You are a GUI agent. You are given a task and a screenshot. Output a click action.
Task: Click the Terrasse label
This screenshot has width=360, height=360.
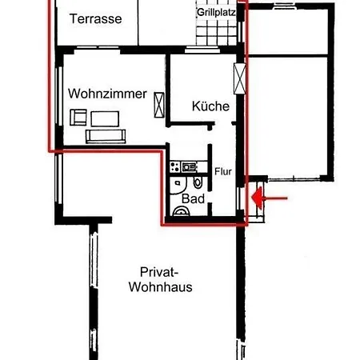click(x=95, y=19)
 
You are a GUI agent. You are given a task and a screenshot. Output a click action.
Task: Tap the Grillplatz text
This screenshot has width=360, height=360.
click(x=216, y=13)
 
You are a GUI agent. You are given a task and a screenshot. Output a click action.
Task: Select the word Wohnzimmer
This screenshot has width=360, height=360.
click(x=107, y=94)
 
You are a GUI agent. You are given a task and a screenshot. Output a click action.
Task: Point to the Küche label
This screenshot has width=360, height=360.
click(x=210, y=106)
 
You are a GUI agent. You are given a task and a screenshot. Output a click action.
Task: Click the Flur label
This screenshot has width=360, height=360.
click(x=223, y=171)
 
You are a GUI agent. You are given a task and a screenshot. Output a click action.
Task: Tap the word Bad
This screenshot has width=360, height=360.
click(x=193, y=199)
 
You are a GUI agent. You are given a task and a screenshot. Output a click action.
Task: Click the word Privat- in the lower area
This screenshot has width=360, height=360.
click(x=159, y=272)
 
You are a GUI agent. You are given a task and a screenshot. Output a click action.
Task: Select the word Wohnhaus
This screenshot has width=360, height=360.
click(x=161, y=287)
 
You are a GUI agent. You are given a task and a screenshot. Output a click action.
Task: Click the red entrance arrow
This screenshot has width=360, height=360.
click(x=270, y=198)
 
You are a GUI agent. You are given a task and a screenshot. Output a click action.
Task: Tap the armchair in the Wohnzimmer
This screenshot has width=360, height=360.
click(x=78, y=117)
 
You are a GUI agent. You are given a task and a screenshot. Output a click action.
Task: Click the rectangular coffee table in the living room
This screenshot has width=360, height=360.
click(x=105, y=118)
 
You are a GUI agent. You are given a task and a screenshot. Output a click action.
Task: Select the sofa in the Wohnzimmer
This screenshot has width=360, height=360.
click(x=106, y=136)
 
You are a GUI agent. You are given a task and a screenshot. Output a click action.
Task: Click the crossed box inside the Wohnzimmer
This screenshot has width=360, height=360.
click(x=159, y=105)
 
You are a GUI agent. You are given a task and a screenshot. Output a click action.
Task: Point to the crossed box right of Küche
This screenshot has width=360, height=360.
click(x=240, y=78)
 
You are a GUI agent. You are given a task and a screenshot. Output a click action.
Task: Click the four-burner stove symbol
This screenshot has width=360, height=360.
click(x=175, y=166)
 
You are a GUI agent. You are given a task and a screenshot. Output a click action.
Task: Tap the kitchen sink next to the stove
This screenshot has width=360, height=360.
click(x=189, y=167)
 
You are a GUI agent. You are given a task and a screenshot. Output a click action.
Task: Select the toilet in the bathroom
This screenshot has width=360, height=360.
click(x=198, y=182)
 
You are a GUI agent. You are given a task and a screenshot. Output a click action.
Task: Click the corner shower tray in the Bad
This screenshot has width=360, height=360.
click(x=178, y=186)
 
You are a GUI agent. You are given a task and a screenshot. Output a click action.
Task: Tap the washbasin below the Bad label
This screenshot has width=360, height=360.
click(x=182, y=211)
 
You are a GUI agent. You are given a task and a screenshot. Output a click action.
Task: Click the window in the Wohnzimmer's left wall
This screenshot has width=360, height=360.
click(x=59, y=96)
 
